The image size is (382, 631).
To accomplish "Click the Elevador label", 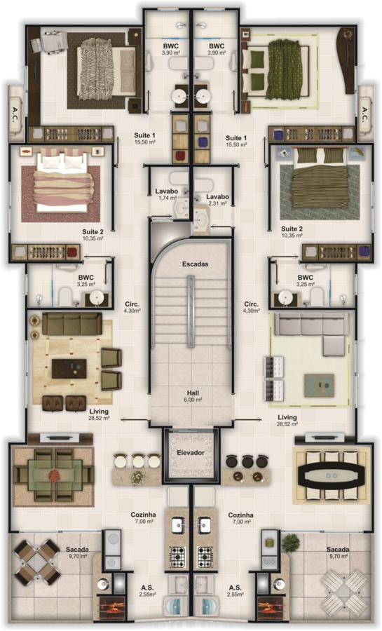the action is (191, 453).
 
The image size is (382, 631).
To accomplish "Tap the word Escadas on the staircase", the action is (195, 264).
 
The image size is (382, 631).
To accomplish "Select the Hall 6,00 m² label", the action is (193, 396).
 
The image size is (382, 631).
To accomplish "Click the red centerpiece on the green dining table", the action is (53, 475).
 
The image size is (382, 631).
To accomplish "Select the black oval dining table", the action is (332, 475).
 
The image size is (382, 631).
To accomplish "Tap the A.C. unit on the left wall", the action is (15, 113).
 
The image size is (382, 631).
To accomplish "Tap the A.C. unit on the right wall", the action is (365, 114).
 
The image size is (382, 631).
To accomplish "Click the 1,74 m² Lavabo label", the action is (167, 194).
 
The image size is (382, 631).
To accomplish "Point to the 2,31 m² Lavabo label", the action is (217, 200).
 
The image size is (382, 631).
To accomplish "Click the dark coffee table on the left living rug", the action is (69, 368).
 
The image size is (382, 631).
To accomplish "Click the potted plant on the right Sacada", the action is (291, 543).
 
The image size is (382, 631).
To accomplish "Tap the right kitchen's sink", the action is (204, 525).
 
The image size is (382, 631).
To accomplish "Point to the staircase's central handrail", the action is (191, 311).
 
